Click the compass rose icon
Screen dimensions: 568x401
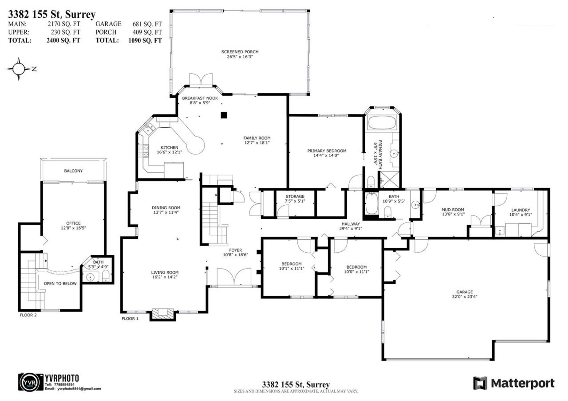pyautogui.click(x=19, y=69)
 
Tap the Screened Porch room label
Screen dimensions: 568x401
pyautogui.click(x=240, y=52)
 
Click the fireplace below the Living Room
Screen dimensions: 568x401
pyautogui.click(x=162, y=314)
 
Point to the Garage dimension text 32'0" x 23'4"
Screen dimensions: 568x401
pyautogui.click(x=464, y=297)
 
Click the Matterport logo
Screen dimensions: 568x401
pyautogui.click(x=514, y=383)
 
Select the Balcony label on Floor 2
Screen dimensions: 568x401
pyautogui.click(x=73, y=171)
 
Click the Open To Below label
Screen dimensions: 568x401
pyautogui.click(x=60, y=283)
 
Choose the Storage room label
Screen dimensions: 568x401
pyautogui.click(x=295, y=196)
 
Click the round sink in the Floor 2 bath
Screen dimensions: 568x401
pyautogui.click(x=91, y=277)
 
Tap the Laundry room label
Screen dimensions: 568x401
pyautogui.click(x=521, y=210)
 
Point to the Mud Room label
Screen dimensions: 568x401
pyautogui.click(x=453, y=210)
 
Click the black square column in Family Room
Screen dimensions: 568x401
pyautogui.click(x=224, y=115)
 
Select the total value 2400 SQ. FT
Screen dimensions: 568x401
pyautogui.click(x=63, y=40)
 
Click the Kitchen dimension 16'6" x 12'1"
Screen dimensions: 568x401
pyautogui.click(x=170, y=152)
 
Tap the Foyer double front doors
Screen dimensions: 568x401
pyautogui.click(x=234, y=277)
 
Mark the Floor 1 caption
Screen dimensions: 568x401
pyautogui.click(x=130, y=319)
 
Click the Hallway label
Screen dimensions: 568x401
pyautogui.click(x=351, y=224)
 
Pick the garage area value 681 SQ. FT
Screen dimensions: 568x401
pyautogui.click(x=147, y=24)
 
